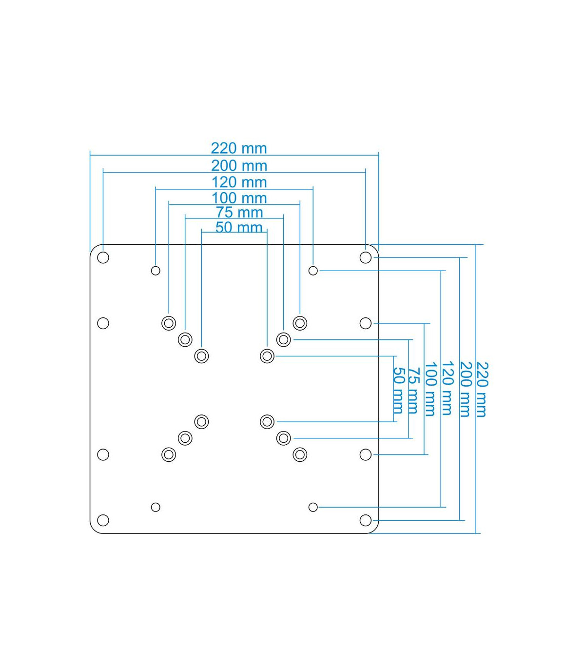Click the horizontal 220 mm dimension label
click(239, 148)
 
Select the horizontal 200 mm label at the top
click(239, 166)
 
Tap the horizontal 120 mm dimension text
click(239, 182)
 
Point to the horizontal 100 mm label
click(239, 198)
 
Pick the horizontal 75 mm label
click(239, 213)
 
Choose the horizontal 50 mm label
click(239, 227)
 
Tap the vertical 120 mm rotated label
click(448, 388)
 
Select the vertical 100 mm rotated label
click(430, 389)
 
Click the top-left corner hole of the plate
click(103, 257)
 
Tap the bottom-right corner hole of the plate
click(365, 520)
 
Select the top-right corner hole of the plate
click(365, 257)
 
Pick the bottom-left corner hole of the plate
click(103, 520)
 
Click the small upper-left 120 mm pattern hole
click(156, 271)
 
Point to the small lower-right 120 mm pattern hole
click(313, 508)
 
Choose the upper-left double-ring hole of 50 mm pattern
click(201, 356)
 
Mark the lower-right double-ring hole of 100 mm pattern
click(300, 455)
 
